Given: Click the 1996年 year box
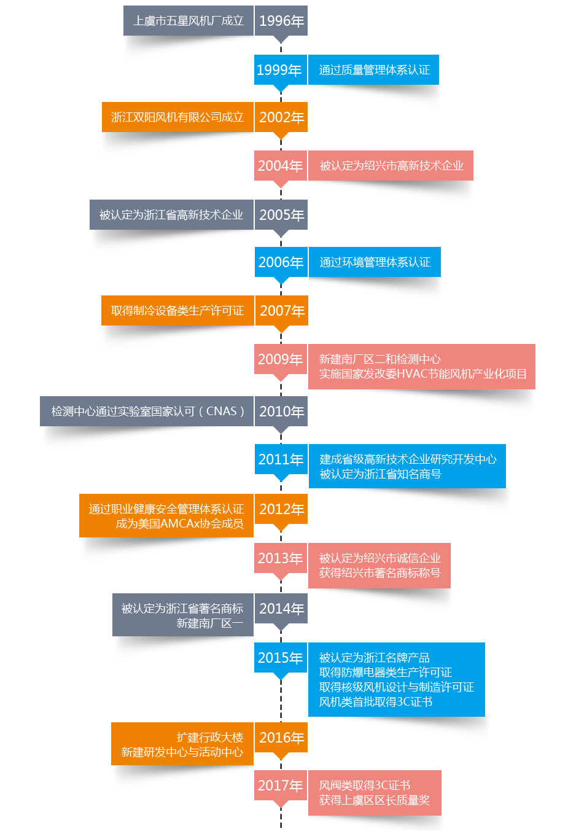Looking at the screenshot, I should pyautogui.click(x=281, y=21).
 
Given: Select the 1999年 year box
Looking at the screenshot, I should pyautogui.click(x=280, y=70).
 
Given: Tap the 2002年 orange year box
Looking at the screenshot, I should pyautogui.click(x=281, y=117).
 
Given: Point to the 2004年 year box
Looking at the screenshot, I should pyautogui.click(x=280, y=166).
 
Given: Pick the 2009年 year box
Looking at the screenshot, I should pyautogui.click(x=280, y=359).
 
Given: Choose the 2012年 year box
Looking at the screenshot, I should pyautogui.click(x=281, y=509).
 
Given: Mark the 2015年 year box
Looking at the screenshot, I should pyautogui.click(x=280, y=658).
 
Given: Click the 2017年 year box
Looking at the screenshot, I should pyautogui.click(x=280, y=786).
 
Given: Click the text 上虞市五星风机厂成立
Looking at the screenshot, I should pyautogui.click(x=188, y=21).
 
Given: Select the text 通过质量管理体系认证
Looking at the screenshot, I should pyautogui.click(x=374, y=70).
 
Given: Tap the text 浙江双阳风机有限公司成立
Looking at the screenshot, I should pyautogui.click(x=177, y=117).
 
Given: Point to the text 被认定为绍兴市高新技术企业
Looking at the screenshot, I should pyautogui.click(x=391, y=166).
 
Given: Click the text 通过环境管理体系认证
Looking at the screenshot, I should pyautogui.click(x=375, y=262).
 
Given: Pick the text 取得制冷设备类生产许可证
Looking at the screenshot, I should pyautogui.click(x=177, y=311).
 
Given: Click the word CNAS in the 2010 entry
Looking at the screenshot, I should pyautogui.click(x=221, y=412).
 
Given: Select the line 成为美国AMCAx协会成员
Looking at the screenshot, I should pyautogui.click(x=179, y=524).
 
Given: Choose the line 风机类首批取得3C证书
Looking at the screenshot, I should pyautogui.click(x=375, y=702).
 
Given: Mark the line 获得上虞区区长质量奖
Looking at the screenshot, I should pyautogui.click(x=374, y=800).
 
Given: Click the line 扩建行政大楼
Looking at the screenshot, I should pyautogui.click(x=209, y=738).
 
